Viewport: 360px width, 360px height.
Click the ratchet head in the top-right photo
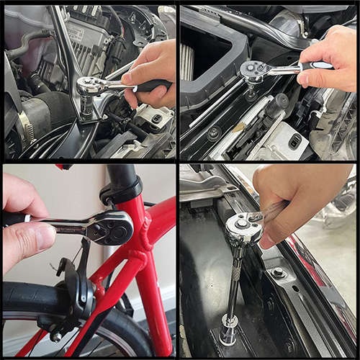[255, 71]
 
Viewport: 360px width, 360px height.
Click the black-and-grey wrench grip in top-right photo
[315, 65]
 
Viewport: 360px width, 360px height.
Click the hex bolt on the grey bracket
[278, 274]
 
